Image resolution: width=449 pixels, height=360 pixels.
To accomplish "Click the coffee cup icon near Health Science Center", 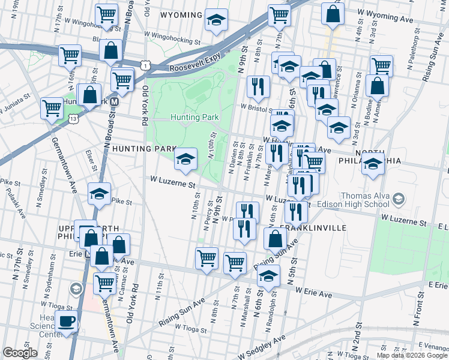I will [67, 322].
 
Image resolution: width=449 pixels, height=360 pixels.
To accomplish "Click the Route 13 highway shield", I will [73, 119].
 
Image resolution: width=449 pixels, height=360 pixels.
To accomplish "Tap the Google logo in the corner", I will [20, 353].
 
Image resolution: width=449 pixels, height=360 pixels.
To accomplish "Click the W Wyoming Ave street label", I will [390, 19].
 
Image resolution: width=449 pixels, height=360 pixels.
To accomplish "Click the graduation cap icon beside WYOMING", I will [216, 21].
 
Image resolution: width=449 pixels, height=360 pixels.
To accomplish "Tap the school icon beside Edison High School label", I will [397, 198].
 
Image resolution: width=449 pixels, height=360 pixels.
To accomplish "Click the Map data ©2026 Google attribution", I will [412, 355].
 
